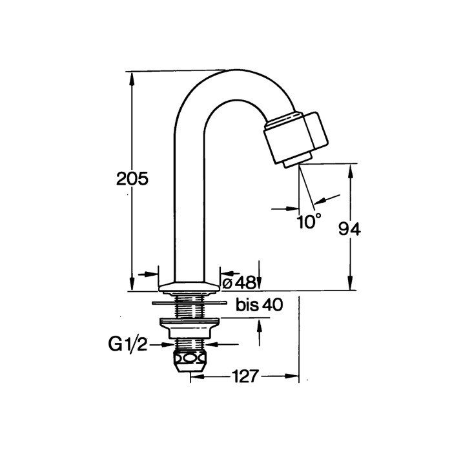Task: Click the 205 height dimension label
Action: pos(132,179)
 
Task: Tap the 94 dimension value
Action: pos(349,230)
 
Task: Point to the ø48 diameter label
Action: pos(240,283)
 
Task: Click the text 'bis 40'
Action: pos(260,305)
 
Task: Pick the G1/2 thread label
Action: pos(128,344)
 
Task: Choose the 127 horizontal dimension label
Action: pos(245,376)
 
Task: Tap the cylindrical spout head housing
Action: pos(296,137)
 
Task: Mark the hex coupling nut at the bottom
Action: pos(190,362)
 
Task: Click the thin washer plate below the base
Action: pos(189,302)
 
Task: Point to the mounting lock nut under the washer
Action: pos(190,328)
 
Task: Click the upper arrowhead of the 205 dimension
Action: pos(132,77)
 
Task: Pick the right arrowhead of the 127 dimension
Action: pos(292,376)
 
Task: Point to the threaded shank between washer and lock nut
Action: pos(190,311)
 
